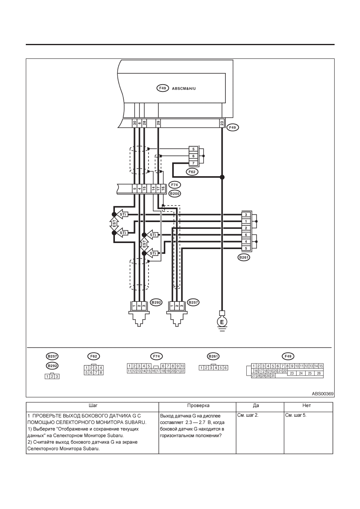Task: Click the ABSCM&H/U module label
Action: pos(184,88)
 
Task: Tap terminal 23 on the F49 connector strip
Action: pos(222,123)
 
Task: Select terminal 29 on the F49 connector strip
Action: pos(158,123)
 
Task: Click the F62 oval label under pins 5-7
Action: pos(192,172)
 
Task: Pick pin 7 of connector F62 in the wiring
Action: pos(194,163)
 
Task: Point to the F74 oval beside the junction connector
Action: pos(175,185)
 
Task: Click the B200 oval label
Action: pos(175,193)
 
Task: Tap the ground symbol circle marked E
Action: pos(222,322)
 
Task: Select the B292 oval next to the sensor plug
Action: pos(156,302)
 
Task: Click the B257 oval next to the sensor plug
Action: pos(193,302)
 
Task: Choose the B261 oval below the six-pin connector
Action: pos(243,258)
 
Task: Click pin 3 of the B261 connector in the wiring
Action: pos(246,214)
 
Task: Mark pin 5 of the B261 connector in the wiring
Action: pos(246,248)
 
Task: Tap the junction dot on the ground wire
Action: pos(222,177)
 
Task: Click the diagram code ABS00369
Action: pos(323,394)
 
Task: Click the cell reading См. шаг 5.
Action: pos(295,415)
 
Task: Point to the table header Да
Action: pos(256,405)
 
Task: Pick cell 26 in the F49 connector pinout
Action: pos(318,373)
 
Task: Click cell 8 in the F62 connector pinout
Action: pos(101,372)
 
